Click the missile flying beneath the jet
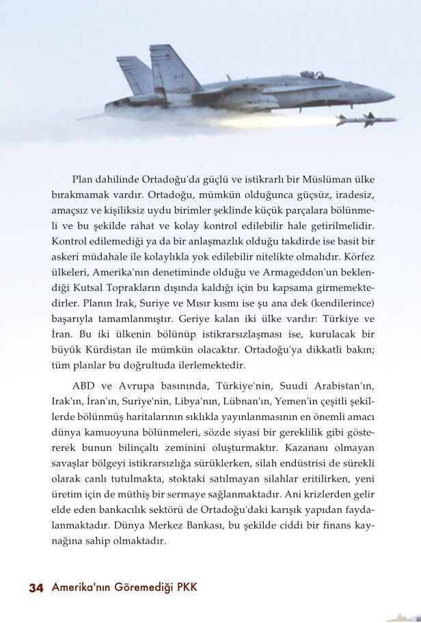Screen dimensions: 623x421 [359, 121]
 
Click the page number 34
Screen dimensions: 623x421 [36, 588]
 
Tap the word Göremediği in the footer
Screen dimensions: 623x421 [139, 587]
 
